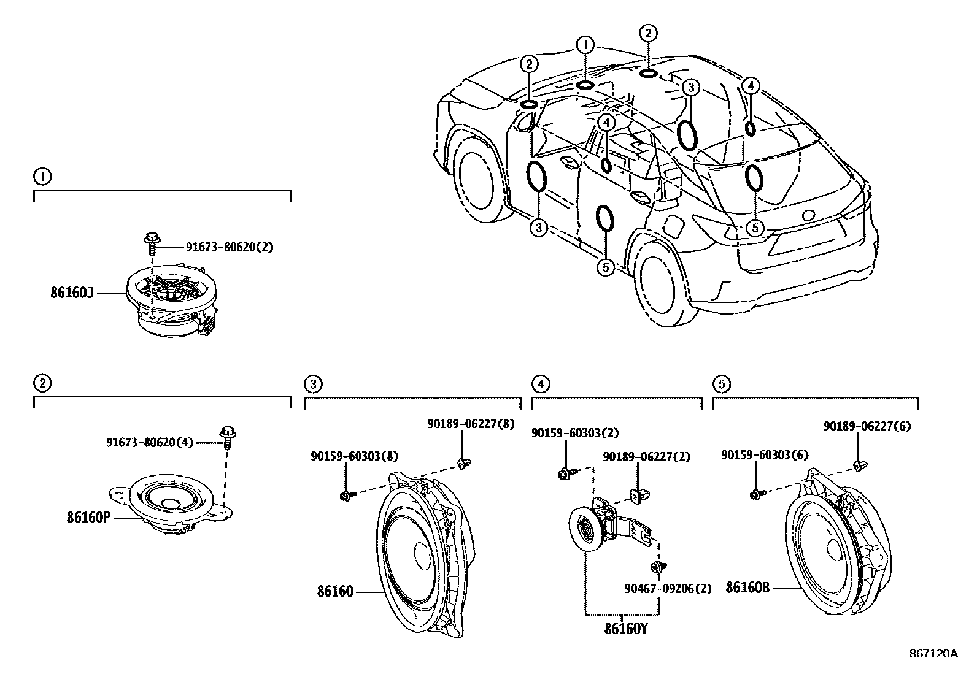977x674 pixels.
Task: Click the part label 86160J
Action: point(72,293)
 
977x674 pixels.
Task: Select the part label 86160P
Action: point(88,517)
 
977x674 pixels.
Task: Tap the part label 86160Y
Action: point(626,629)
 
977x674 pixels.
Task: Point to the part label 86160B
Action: point(747,587)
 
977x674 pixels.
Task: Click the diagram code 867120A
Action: point(933,654)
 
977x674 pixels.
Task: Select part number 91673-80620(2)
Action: point(230,247)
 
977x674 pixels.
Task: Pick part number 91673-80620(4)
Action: point(149,442)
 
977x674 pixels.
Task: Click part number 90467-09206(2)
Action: point(668,589)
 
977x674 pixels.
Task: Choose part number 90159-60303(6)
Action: point(765,454)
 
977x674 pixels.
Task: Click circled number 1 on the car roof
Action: point(585,45)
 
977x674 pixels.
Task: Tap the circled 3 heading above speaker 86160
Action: point(312,385)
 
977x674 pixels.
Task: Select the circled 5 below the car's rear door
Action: point(605,267)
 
